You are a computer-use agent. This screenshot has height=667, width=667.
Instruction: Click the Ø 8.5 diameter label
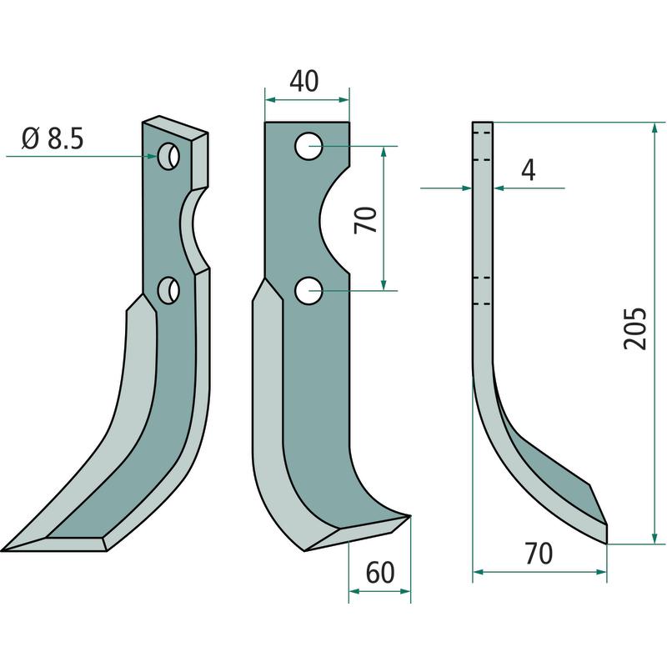[53, 138]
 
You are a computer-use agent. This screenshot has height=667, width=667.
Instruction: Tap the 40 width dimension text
[303, 81]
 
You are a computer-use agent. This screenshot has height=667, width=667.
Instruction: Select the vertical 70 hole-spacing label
[366, 219]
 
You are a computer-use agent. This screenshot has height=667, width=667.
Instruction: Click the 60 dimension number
[380, 573]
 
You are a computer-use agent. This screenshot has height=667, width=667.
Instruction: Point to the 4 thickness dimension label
[529, 170]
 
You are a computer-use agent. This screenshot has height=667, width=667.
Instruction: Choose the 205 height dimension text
[634, 328]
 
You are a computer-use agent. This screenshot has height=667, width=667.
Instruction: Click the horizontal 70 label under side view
[539, 554]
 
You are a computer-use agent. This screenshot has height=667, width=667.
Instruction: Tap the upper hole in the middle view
[308, 147]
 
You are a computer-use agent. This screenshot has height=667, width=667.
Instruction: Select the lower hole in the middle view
[308, 291]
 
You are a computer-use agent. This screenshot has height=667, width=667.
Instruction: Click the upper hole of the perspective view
[168, 156]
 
